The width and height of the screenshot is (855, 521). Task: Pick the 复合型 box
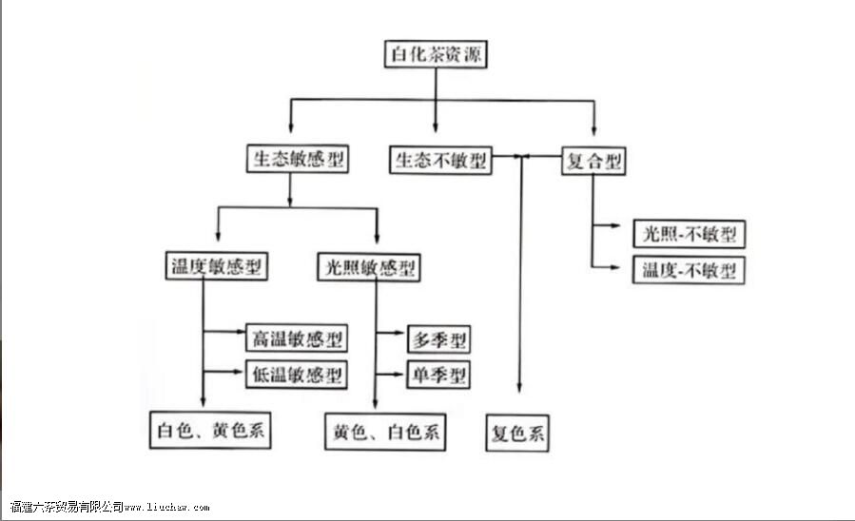pyautogui.click(x=594, y=161)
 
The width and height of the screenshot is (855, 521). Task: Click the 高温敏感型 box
pyautogui.click(x=296, y=338)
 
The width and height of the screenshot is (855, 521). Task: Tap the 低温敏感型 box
pyautogui.click(x=296, y=375)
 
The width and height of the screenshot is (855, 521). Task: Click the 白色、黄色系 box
pyautogui.click(x=212, y=431)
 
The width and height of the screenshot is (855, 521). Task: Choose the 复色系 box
pyautogui.click(x=518, y=434)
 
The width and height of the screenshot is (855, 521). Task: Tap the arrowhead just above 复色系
pyautogui.click(x=519, y=385)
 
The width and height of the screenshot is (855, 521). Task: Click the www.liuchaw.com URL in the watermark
pyautogui.click(x=167, y=509)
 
